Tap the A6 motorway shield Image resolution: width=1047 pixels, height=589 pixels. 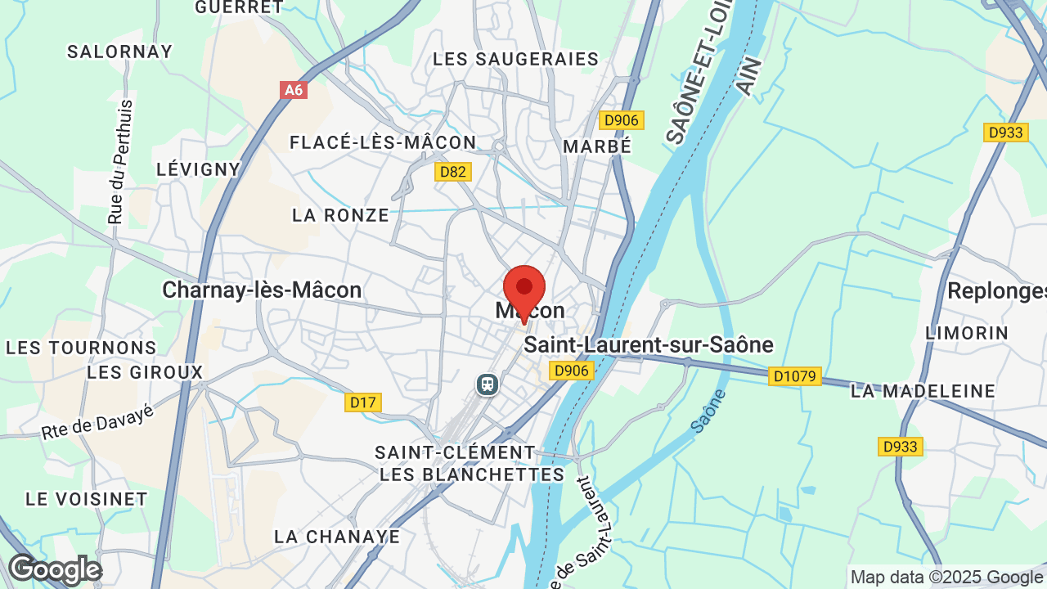click(294, 90)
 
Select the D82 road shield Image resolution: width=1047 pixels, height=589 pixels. click(452, 172)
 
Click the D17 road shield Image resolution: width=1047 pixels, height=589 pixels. click(363, 402)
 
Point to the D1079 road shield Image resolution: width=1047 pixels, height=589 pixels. click(795, 377)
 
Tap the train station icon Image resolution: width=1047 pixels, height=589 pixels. click(488, 384)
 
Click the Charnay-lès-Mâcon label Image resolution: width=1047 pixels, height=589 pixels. click(262, 290)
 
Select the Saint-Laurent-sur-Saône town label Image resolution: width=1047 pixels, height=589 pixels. click(649, 345)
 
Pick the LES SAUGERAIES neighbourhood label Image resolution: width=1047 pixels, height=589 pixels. click(516, 60)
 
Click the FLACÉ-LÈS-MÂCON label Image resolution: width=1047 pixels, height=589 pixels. click(383, 142)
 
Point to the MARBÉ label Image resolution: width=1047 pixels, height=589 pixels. click(598, 146)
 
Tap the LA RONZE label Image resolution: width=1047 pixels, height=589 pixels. click(341, 215)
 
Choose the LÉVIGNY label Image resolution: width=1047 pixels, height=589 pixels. click(199, 169)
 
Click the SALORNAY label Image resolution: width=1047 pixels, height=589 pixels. click(120, 52)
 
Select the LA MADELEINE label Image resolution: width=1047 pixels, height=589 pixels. click(923, 391)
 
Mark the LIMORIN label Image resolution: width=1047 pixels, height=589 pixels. click(967, 333)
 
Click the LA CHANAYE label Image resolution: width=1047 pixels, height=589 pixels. click(337, 537)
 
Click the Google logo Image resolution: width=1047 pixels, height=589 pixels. click(55, 569)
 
